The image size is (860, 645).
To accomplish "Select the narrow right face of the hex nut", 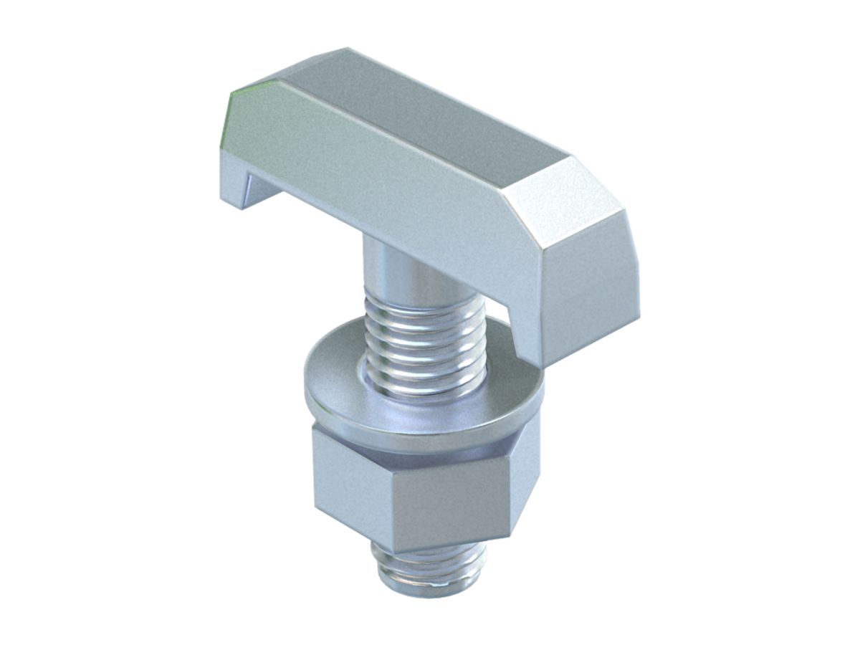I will pos(527,487).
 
